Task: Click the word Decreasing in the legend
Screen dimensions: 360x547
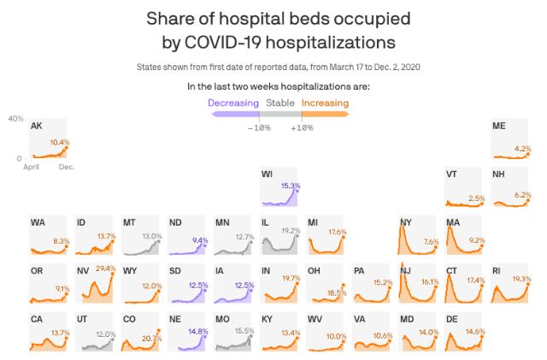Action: point(233,103)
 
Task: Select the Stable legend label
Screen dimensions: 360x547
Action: point(280,103)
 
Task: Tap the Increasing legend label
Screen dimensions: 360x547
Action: point(325,103)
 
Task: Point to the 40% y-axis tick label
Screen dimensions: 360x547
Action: point(15,119)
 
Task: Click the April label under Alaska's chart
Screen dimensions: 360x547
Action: point(32,167)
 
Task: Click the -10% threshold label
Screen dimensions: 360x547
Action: point(259,127)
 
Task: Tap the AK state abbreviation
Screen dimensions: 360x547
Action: point(36,127)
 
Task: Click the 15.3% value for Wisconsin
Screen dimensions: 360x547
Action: point(291,186)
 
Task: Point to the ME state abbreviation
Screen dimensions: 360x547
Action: point(499,127)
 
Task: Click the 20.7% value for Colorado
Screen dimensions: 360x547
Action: point(152,339)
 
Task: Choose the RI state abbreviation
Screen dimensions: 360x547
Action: point(498,271)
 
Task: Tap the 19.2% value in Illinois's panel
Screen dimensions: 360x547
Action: point(291,231)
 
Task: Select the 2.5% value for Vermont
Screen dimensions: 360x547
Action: point(477,198)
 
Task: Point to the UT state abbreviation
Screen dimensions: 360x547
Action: point(83,319)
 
